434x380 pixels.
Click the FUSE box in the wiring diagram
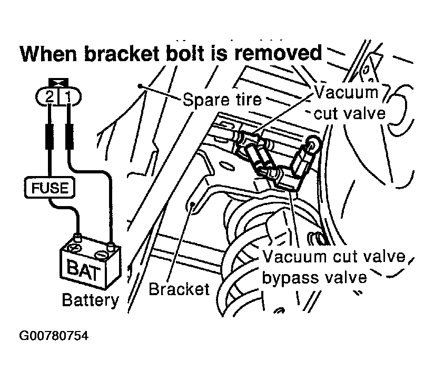pyautogui.click(x=51, y=187)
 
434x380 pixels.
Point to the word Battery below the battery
pyautogui.click(x=91, y=300)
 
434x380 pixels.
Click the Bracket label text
pyautogui.click(x=179, y=289)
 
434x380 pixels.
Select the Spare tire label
pyautogui.click(x=222, y=99)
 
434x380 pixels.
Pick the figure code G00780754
pyautogui.click(x=53, y=336)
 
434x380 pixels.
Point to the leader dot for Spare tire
pyautogui.click(x=139, y=86)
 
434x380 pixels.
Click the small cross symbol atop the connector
pyautogui.click(x=58, y=83)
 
